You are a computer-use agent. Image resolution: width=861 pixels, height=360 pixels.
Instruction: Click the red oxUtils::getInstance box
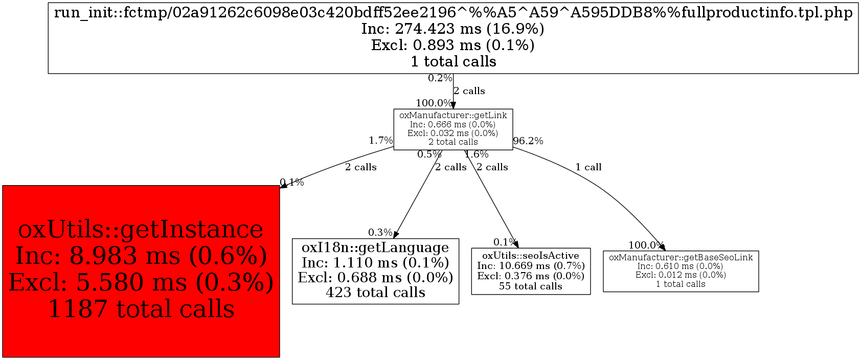pyautogui.click(x=141, y=271)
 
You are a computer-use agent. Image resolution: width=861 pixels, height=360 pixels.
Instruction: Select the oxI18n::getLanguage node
pyautogui.click(x=375, y=271)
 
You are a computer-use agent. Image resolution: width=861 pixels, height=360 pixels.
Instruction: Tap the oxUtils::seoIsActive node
pyautogui.click(x=531, y=271)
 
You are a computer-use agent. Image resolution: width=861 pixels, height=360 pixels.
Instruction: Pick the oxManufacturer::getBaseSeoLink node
pyautogui.click(x=681, y=271)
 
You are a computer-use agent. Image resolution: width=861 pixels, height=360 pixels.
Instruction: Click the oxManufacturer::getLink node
pyautogui.click(x=453, y=129)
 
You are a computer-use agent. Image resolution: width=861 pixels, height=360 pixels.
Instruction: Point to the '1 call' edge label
pyautogui.click(x=588, y=167)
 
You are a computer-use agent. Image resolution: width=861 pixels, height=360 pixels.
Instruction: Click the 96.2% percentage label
pyautogui.click(x=528, y=141)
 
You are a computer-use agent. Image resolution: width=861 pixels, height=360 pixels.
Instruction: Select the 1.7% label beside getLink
pyautogui.click(x=381, y=140)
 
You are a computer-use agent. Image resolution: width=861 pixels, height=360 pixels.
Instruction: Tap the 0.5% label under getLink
pyautogui.click(x=429, y=154)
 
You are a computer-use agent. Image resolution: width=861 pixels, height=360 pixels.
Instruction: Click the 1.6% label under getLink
pyautogui.click(x=477, y=154)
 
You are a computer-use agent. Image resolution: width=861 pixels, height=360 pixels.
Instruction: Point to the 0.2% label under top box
pyautogui.click(x=440, y=78)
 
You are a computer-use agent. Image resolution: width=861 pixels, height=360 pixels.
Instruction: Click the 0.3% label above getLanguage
pyautogui.click(x=380, y=233)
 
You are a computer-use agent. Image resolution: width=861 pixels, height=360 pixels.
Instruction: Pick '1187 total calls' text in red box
pyautogui.click(x=141, y=309)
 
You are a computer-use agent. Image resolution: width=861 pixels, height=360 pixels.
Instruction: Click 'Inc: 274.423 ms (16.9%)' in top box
pyautogui.click(x=453, y=29)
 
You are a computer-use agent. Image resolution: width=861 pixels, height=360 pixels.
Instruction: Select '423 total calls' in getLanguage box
pyautogui.click(x=375, y=292)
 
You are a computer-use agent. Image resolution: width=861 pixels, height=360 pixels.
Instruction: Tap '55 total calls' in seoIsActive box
pyautogui.click(x=531, y=286)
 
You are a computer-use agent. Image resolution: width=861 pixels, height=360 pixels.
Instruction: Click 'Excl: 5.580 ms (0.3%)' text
pyautogui.click(x=141, y=282)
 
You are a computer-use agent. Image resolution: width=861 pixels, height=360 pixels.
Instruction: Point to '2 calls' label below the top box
pyautogui.click(x=469, y=91)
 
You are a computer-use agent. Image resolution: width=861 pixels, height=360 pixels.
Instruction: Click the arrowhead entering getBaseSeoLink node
pyautogui.click(x=662, y=247)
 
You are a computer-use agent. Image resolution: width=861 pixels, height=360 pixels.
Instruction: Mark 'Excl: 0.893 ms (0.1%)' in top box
pyautogui.click(x=453, y=45)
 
